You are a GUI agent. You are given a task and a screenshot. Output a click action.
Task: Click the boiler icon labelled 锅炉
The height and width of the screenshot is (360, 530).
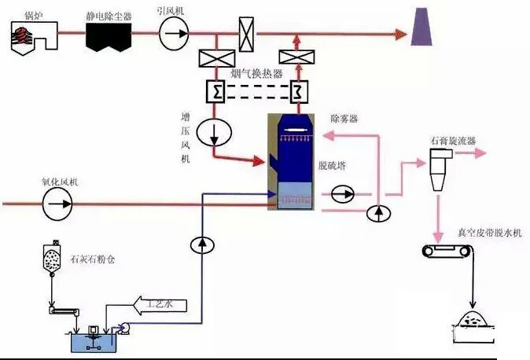pyautogui.click(x=31, y=35)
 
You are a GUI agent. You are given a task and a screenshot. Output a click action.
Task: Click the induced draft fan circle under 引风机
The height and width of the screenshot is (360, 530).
pyautogui.click(x=175, y=33)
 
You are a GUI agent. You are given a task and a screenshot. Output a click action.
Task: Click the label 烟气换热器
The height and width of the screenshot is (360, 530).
pyautogui.click(x=256, y=73)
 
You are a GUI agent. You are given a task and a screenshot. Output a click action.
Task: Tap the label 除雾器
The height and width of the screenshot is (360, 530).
pyautogui.click(x=344, y=118)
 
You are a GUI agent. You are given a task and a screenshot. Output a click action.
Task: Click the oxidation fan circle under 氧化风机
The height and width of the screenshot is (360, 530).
pyautogui.click(x=58, y=204)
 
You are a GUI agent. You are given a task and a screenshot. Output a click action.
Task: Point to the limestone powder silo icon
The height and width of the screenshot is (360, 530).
pyautogui.click(x=52, y=259)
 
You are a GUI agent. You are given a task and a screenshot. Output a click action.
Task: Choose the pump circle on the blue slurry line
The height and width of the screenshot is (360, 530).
pyautogui.click(x=202, y=244)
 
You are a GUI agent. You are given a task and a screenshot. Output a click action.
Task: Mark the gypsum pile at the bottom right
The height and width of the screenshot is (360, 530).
pyautogui.click(x=474, y=323)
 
